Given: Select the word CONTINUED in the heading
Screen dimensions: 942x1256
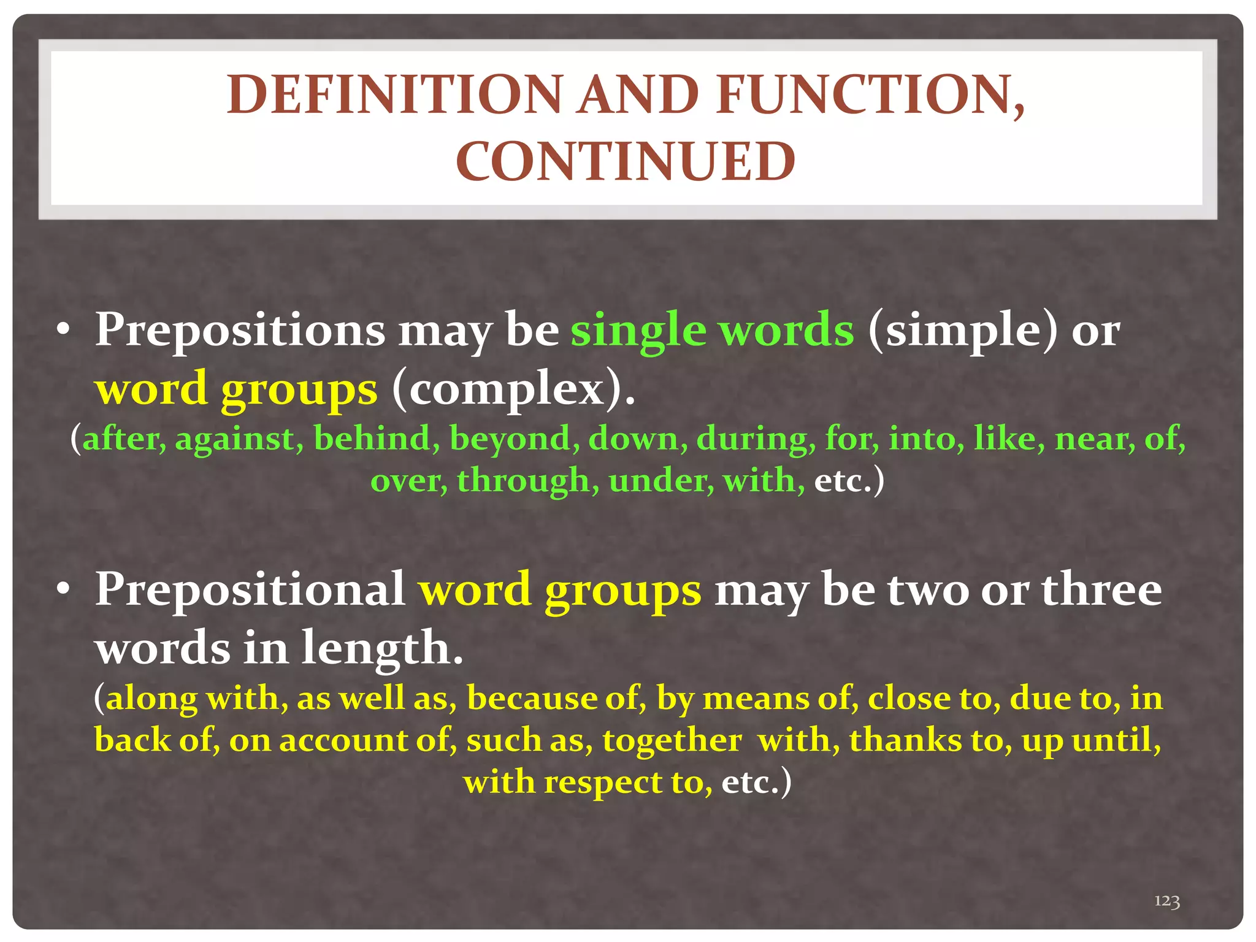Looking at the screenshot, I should tap(626, 162).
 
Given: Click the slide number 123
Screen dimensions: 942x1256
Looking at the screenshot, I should tap(1167, 901).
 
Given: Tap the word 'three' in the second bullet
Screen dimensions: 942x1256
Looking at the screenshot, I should tap(1101, 589).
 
